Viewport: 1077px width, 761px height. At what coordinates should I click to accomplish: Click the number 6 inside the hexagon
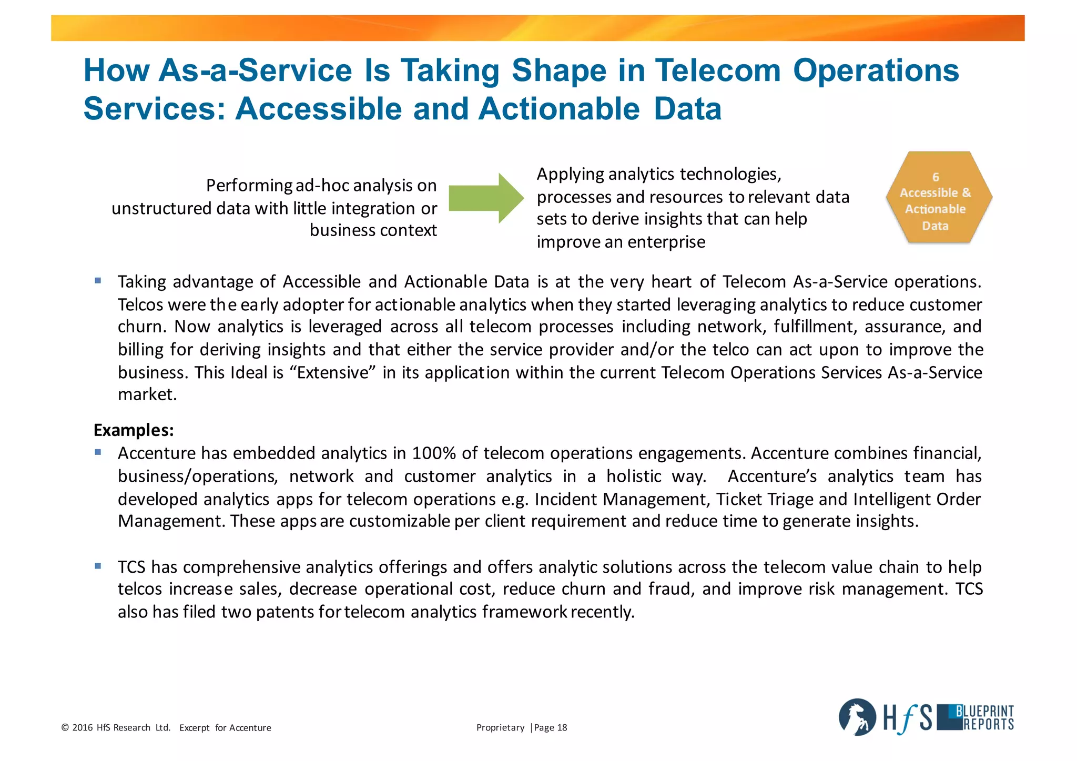[x=936, y=177]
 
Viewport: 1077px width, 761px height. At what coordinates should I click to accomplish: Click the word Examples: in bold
[x=134, y=430]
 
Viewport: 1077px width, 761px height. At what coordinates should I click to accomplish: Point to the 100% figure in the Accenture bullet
[x=434, y=453]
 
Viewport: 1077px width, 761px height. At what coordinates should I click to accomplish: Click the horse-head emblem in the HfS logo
[x=857, y=717]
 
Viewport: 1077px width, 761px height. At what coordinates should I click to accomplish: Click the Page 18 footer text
[x=551, y=728]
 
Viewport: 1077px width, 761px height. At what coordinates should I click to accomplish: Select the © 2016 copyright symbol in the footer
[x=65, y=728]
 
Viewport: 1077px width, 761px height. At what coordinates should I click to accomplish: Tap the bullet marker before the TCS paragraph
[x=98, y=566]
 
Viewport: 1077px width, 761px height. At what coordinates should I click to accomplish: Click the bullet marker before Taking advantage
[x=98, y=281]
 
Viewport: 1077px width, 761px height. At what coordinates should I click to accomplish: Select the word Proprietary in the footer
[x=500, y=728]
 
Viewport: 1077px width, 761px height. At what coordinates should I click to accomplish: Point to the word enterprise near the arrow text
[x=666, y=242]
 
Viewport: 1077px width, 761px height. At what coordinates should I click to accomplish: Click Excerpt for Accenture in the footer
[x=225, y=728]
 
